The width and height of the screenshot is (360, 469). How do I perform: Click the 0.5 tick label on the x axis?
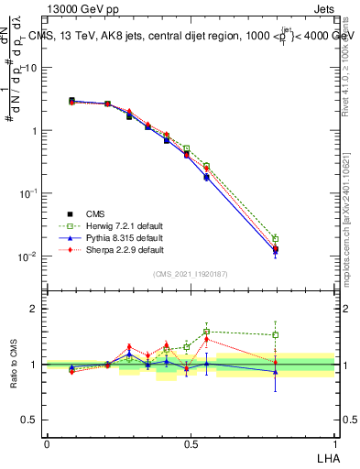pos(191,442)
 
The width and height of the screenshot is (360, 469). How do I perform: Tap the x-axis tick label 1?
pos(335,442)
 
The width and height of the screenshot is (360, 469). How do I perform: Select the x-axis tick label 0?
pos(47,442)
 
